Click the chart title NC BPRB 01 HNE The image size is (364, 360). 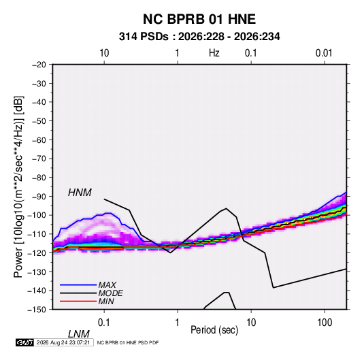coord(199,19)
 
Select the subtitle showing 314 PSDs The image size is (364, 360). coord(199,37)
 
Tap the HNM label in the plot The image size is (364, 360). coord(80,193)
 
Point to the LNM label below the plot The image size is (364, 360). coord(78,334)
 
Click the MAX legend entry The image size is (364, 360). coord(107,284)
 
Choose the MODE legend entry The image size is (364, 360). coord(110,293)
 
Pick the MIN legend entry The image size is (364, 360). coord(106,301)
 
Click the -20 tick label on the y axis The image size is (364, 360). coord(39,65)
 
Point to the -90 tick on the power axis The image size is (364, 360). coord(39,196)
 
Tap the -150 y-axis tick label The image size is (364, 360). coord(37,310)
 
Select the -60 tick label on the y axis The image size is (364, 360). coord(39,140)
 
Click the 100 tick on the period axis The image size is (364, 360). coord(325,323)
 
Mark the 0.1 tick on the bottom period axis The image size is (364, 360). coord(104,323)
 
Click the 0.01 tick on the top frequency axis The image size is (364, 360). coord(324,53)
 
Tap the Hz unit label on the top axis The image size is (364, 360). coord(214,53)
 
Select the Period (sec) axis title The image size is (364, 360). coord(214,330)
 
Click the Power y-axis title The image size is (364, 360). coord(18,186)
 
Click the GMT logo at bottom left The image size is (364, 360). coord(24,342)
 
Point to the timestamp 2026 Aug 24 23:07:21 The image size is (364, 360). coord(63,342)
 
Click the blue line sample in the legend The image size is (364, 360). coord(78,285)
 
